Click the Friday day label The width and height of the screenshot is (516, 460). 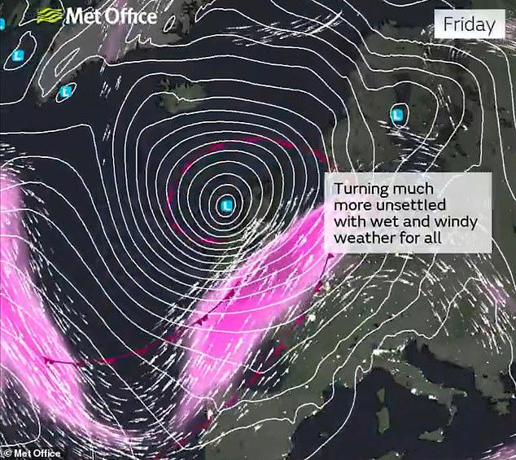(x=469, y=24)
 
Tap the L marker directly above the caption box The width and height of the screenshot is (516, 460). (x=397, y=116)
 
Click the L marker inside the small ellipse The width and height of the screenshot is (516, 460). (x=63, y=93)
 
